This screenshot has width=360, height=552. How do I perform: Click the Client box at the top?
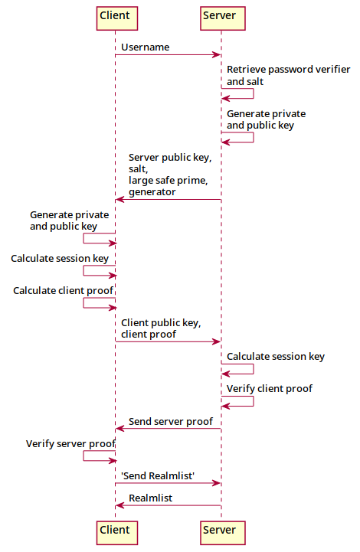coord(115,16)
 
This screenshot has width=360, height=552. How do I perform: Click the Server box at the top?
coord(219,16)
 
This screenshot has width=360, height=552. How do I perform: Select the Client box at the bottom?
coord(115,530)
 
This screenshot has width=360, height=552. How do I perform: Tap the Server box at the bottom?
coord(219,530)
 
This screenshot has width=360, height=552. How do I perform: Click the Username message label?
coord(145,47)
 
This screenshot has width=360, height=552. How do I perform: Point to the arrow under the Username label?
coord(168,55)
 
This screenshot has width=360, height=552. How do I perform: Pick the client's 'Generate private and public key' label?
coord(69,220)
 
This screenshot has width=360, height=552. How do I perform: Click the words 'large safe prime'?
coord(168,181)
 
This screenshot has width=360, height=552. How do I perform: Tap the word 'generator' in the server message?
coord(152,192)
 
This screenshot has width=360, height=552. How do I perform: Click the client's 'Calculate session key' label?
coord(60,259)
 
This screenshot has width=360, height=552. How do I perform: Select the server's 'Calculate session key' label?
coord(275,357)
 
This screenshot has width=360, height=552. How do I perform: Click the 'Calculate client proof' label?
coord(63,291)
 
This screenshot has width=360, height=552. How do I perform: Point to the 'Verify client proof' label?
coord(269,389)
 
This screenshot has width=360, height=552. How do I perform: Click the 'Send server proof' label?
coord(170,421)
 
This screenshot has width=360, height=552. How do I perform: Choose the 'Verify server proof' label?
coord(70,444)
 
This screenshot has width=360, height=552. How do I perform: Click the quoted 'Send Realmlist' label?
coord(158,476)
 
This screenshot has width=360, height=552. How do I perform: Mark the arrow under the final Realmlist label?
coord(168,506)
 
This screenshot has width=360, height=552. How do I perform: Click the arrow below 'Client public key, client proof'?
coord(168,341)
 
